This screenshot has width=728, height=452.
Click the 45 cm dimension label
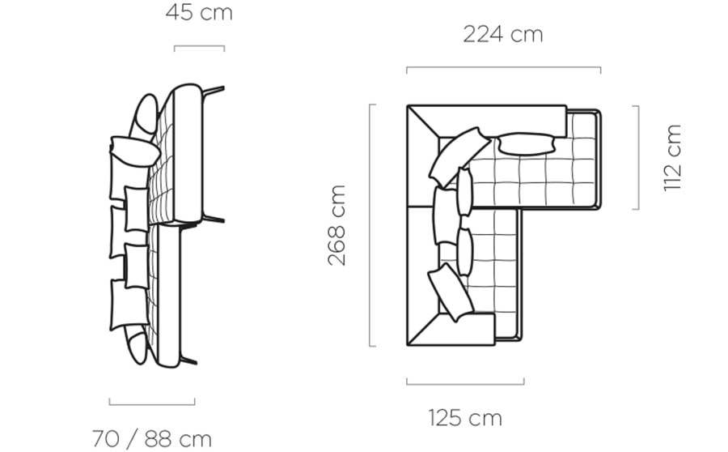[x=199, y=13]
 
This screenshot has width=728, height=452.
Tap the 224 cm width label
[x=503, y=34]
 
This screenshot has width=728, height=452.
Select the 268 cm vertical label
[x=336, y=225]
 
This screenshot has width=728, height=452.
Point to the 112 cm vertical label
[x=672, y=158]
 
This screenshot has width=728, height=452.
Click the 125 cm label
[x=465, y=418]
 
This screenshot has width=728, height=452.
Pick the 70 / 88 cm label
[x=152, y=438]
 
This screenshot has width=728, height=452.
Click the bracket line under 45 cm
[x=199, y=46]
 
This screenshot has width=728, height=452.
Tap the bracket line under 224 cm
[x=504, y=68]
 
